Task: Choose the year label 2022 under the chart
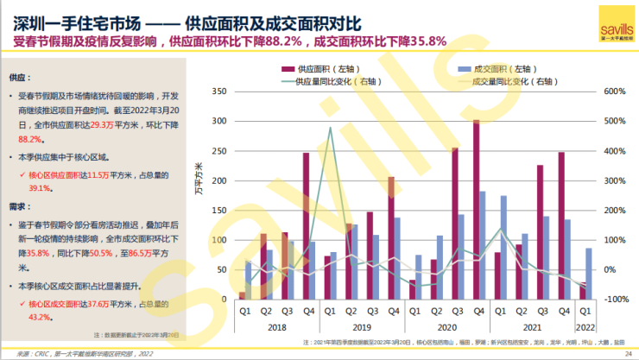coord(585,327)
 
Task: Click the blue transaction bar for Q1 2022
coord(588,274)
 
